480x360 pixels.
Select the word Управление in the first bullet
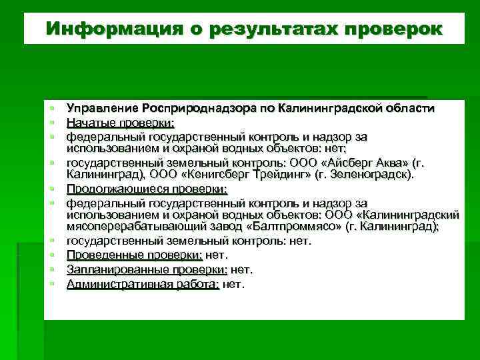(102, 108)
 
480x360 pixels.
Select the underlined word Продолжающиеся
(110, 189)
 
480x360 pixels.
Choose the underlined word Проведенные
(100, 255)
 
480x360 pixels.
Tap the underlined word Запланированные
(109, 269)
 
